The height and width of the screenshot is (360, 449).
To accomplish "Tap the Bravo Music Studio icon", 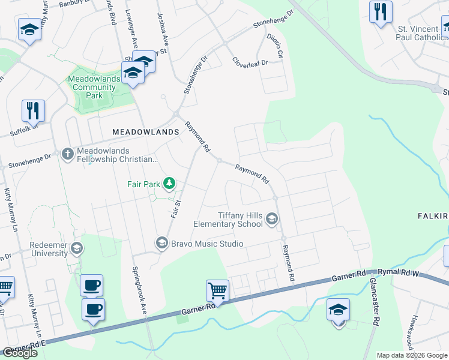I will click(161, 243).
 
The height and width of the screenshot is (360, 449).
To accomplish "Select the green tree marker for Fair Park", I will click(170, 182).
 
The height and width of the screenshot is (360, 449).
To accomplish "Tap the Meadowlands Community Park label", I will click(91, 87).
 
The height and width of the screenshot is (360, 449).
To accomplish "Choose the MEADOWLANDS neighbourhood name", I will click(146, 131).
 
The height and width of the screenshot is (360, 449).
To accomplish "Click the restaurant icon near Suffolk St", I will click(32, 110).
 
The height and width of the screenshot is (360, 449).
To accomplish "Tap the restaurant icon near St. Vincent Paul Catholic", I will click(381, 11).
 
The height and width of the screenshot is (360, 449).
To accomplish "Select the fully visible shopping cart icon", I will click(217, 292).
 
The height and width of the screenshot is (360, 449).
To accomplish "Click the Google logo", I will click(20, 353).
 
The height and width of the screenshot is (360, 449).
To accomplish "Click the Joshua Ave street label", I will click(163, 26).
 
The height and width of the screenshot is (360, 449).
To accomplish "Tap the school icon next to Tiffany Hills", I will click(272, 218).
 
